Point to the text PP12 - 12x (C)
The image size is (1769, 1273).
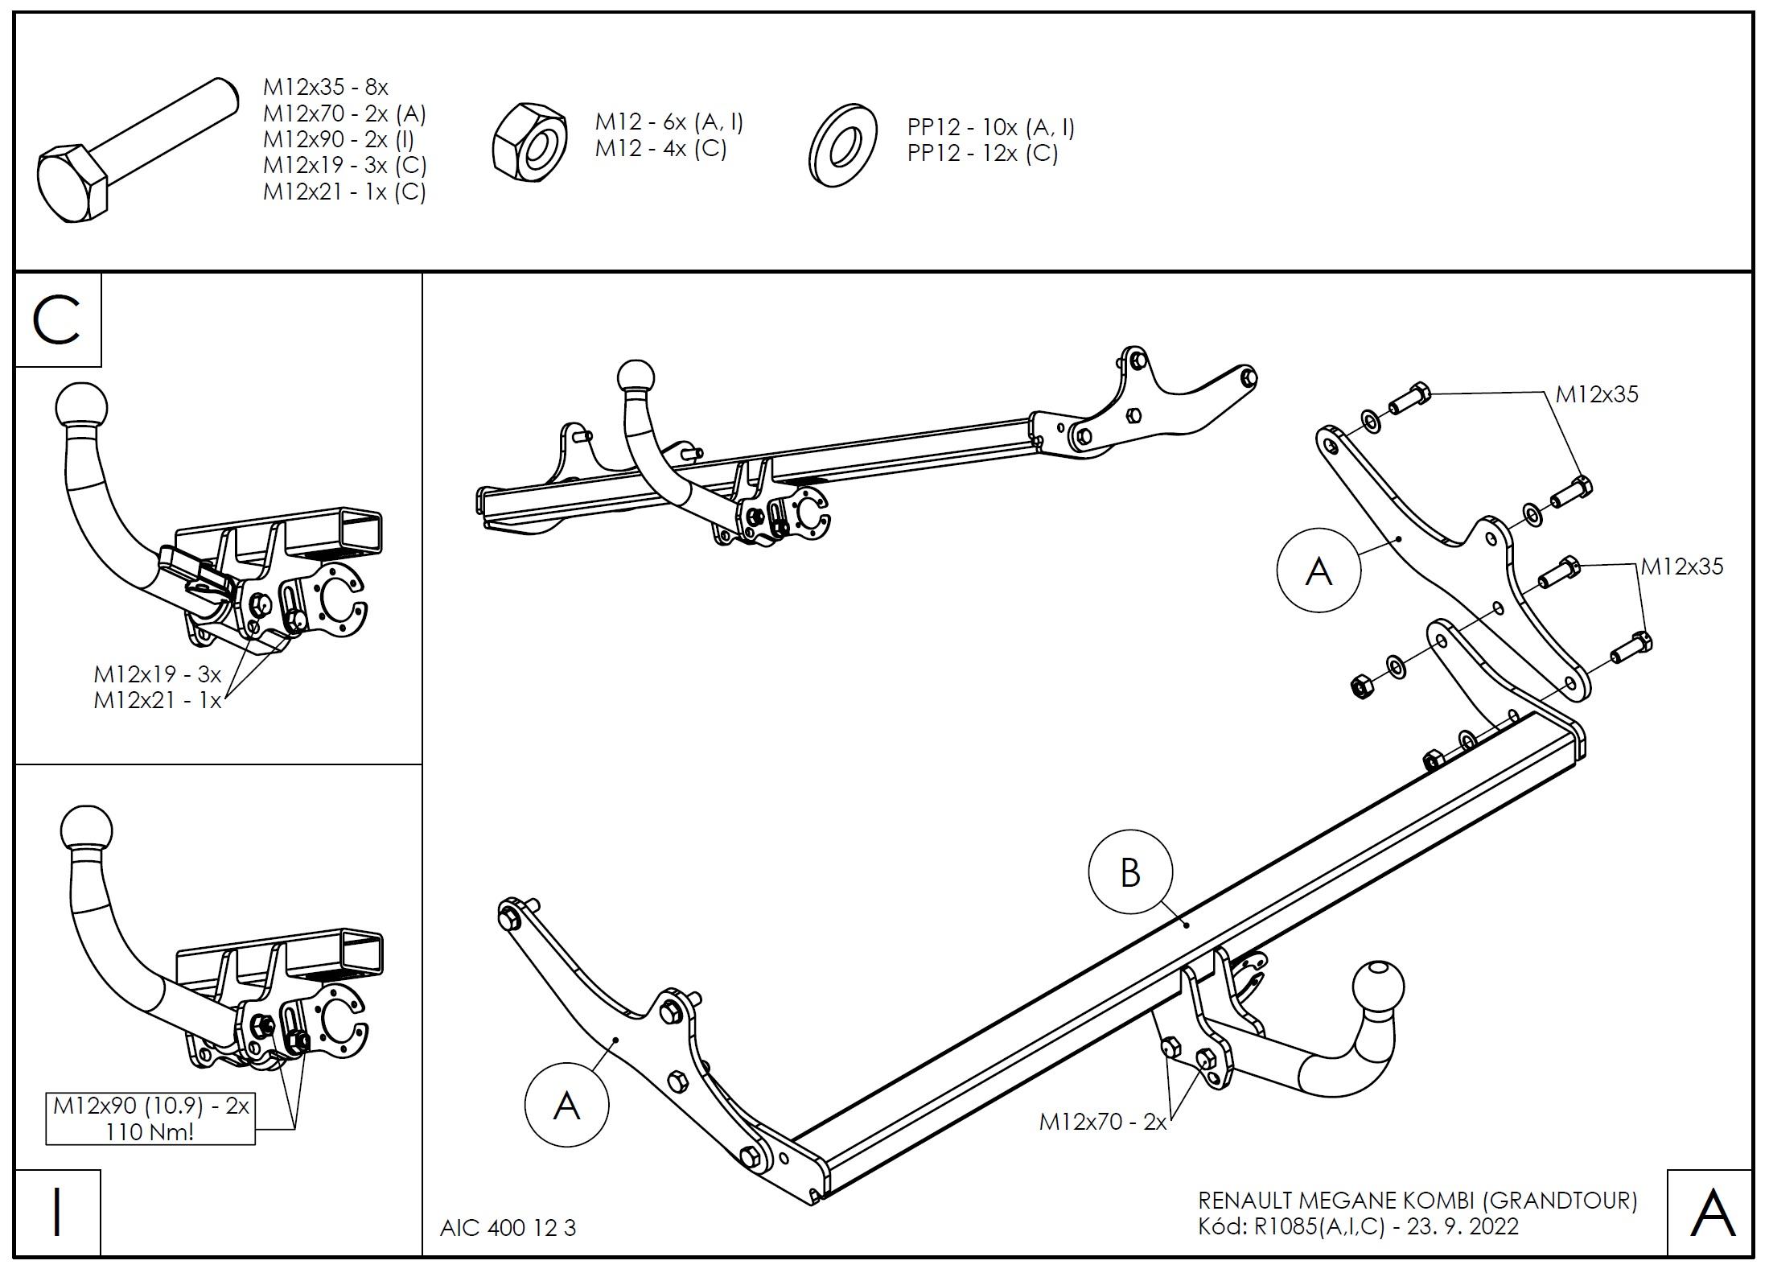[982, 153]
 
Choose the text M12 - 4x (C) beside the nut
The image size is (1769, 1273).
[660, 149]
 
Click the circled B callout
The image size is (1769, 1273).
[1130, 872]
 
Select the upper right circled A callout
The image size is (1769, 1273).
[1319, 571]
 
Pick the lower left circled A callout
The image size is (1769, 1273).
[566, 1106]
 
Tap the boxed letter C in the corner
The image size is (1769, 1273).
[57, 320]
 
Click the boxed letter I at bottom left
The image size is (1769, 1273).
[57, 1213]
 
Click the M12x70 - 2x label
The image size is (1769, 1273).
[1102, 1122]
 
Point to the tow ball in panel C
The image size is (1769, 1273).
[80, 410]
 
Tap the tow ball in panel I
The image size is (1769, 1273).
[85, 832]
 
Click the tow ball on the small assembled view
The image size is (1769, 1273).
[636, 377]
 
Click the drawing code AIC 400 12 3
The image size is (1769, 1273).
[508, 1228]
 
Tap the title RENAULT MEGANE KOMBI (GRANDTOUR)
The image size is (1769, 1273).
[1417, 1201]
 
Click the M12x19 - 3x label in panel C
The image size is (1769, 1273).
[157, 674]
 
